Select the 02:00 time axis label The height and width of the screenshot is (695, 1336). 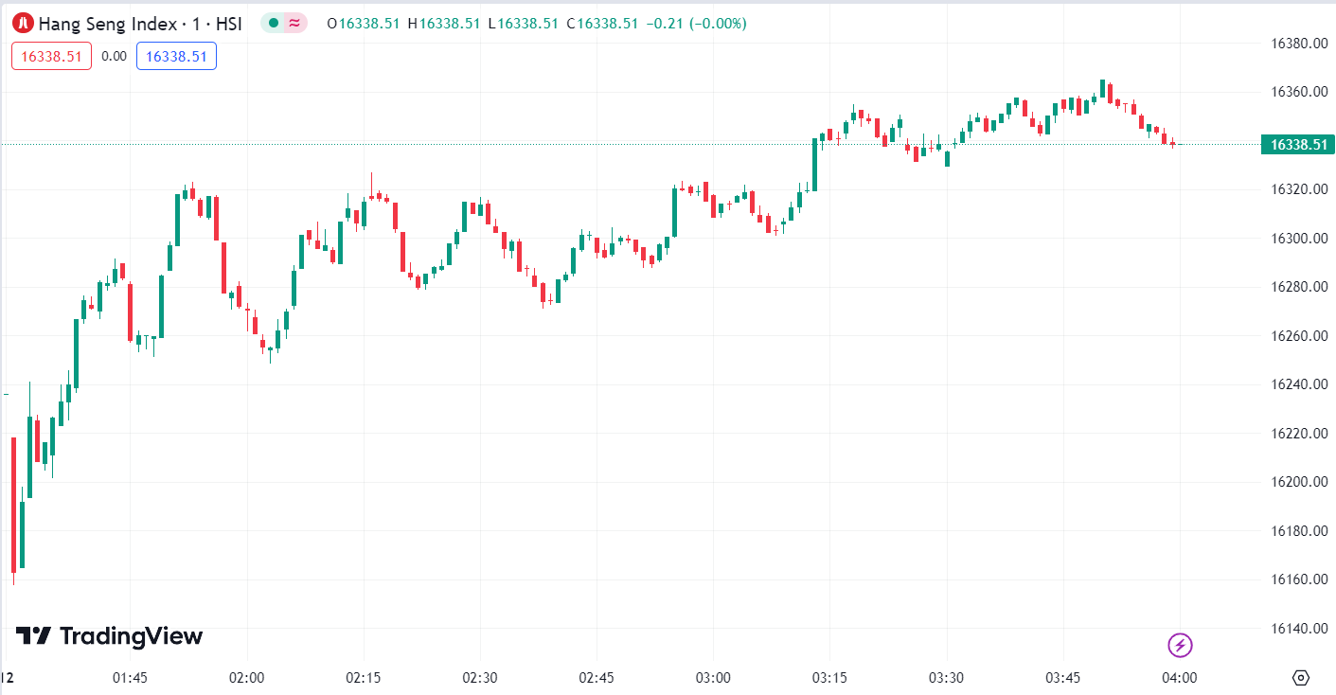[x=246, y=678]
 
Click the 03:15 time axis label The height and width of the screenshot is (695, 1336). [x=829, y=678]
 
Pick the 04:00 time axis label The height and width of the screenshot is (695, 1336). [x=1180, y=678]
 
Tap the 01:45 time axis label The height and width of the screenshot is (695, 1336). [x=130, y=678]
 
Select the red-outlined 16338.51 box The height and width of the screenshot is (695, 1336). [x=51, y=56]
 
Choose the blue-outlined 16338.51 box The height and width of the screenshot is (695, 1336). [x=176, y=56]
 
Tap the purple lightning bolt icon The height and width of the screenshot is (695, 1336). [x=1180, y=646]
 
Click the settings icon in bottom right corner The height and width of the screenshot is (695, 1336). [x=1300, y=678]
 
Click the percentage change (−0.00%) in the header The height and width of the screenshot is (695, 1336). [x=718, y=24]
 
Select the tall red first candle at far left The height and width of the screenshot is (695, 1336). [x=13, y=505]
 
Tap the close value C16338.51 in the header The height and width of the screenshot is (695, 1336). [x=602, y=24]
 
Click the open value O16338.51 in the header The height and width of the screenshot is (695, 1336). [x=364, y=24]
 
